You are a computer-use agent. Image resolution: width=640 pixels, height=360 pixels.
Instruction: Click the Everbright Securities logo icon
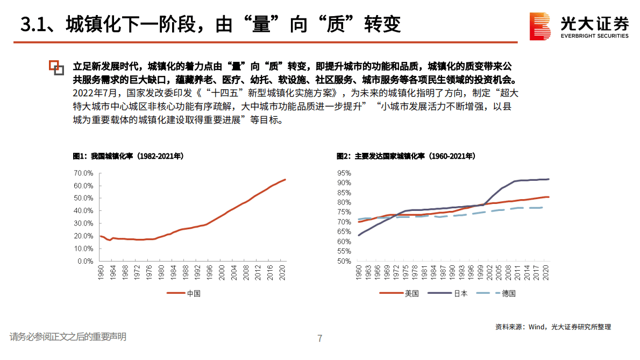point(541,25)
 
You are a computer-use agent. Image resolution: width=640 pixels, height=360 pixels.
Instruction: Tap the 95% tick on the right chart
point(344,173)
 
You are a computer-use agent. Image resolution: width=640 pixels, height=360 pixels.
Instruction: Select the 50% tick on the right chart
point(344,262)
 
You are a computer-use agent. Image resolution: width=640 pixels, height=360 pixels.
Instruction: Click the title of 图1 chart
point(128,156)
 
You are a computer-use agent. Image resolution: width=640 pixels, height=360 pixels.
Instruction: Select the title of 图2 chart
point(406,156)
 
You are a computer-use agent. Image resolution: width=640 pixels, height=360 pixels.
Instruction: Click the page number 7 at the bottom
point(320,338)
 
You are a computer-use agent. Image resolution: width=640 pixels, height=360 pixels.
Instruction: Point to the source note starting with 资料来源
point(553,327)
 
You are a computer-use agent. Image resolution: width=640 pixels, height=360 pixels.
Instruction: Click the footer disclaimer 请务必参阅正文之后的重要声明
point(68,337)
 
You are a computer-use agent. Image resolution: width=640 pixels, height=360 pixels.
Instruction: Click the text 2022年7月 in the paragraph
point(93,93)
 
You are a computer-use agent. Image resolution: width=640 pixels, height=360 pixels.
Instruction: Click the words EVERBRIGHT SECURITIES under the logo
point(594,36)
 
